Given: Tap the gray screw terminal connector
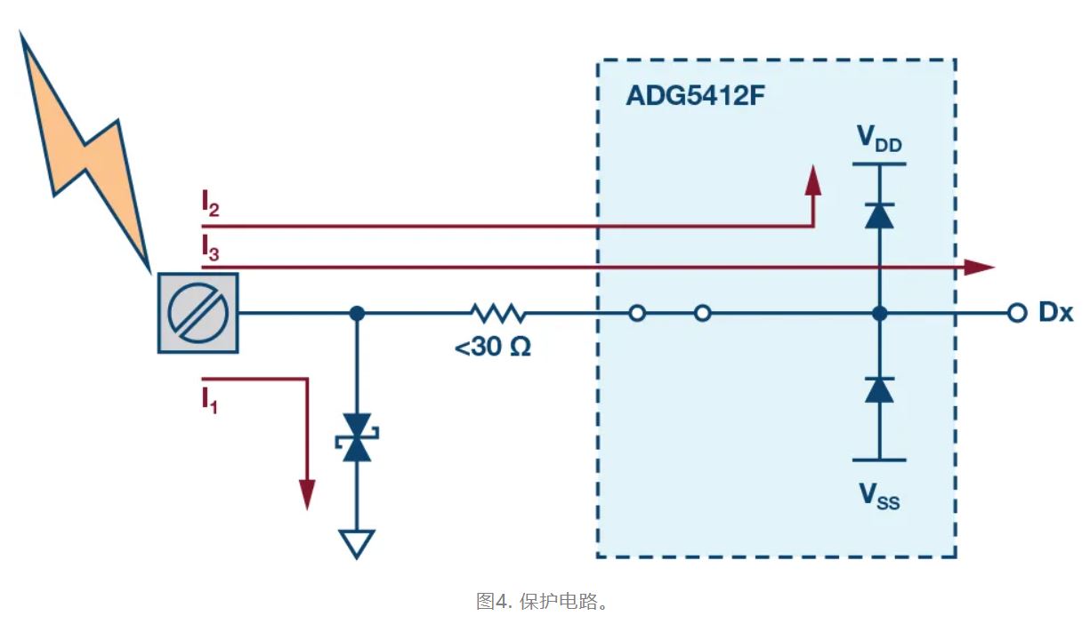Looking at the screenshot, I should (198, 313).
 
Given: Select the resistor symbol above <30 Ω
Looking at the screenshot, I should (498, 313).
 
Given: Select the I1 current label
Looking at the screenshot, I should (209, 401).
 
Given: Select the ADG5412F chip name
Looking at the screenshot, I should (694, 95).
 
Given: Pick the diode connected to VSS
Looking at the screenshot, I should (879, 389).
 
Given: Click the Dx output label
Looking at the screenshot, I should (1056, 314).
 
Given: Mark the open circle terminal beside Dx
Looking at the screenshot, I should (1016, 313).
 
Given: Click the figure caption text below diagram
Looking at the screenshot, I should (543, 601).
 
